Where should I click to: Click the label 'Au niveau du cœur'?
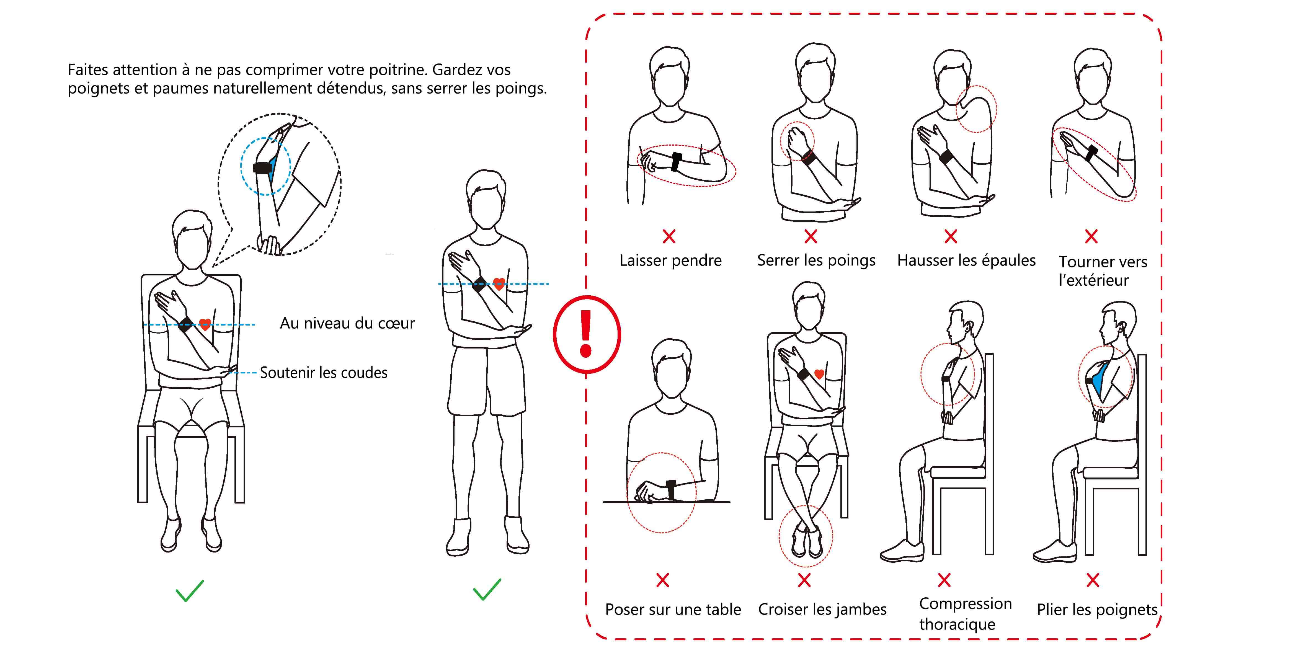(347, 323)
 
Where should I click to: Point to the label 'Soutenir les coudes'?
(324, 373)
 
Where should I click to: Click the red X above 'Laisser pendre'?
(669, 236)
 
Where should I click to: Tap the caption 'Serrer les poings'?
(816, 260)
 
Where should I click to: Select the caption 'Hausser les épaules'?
(966, 260)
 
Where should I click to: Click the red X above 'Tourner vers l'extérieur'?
(1091, 236)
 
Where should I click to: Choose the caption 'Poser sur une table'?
(673, 609)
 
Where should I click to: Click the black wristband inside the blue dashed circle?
(263, 168)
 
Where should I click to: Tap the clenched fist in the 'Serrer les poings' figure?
(795, 140)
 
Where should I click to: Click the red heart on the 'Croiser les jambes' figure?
(819, 374)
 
